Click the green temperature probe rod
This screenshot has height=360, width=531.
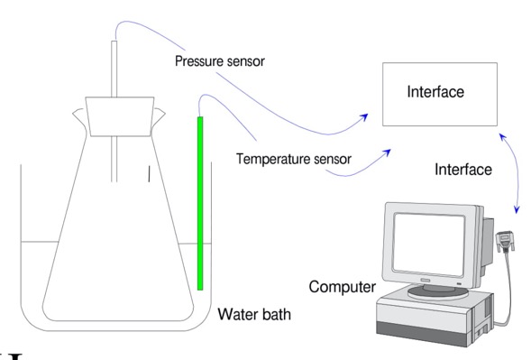[200, 198]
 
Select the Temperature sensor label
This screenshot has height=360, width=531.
[294, 160]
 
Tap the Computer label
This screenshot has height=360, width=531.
[342, 288]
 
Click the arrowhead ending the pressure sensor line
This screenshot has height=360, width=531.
[366, 115]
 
